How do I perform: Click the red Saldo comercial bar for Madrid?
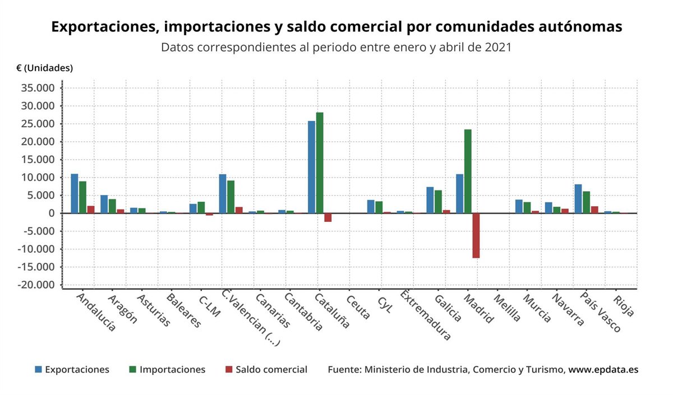[x=476, y=235]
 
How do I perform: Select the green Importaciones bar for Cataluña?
[x=320, y=162]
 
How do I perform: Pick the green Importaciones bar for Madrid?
[x=468, y=171]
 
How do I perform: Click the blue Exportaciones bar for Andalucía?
[x=74, y=193]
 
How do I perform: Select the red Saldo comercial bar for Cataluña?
[x=328, y=217]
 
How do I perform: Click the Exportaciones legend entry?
[x=72, y=370]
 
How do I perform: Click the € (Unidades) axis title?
[x=45, y=68]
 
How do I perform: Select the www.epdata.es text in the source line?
[x=603, y=370]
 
